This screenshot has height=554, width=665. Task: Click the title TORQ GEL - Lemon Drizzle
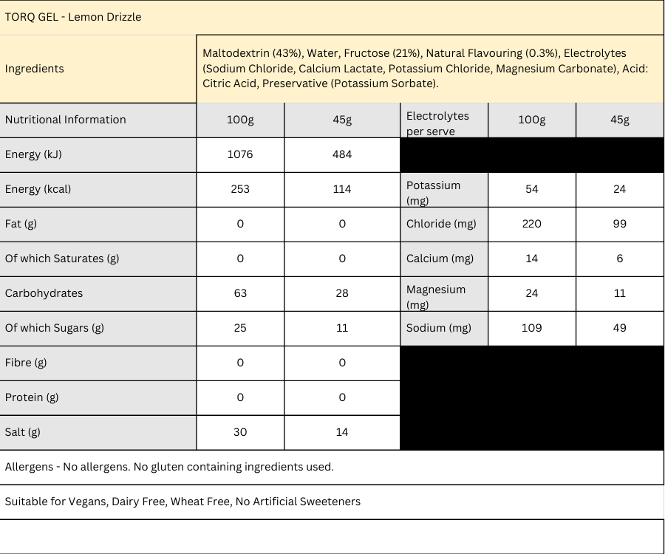[x=73, y=17]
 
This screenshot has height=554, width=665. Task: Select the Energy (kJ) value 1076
[x=240, y=154]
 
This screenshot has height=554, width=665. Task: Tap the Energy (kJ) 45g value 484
[x=342, y=154]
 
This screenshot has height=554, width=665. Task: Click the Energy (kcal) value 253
[x=240, y=189]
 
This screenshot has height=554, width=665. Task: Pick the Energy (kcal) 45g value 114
[x=342, y=189]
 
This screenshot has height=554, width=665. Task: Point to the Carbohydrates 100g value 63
[x=240, y=293]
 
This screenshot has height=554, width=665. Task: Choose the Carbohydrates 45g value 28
[x=342, y=293]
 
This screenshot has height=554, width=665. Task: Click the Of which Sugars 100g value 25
[x=240, y=328]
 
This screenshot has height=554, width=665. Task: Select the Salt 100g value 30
[x=240, y=432]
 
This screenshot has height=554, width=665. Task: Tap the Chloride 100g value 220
[x=532, y=224]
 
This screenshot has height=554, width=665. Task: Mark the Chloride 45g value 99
[x=619, y=224]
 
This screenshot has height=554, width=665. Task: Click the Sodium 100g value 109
[x=532, y=328]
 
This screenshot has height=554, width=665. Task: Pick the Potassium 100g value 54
[x=532, y=189]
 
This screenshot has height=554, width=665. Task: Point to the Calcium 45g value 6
[x=619, y=259]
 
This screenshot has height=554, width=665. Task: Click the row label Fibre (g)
[x=26, y=363]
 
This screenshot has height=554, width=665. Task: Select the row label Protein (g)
[x=32, y=397]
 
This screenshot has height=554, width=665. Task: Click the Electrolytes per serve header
[x=437, y=123]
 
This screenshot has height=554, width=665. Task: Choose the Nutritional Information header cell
[x=66, y=120]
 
